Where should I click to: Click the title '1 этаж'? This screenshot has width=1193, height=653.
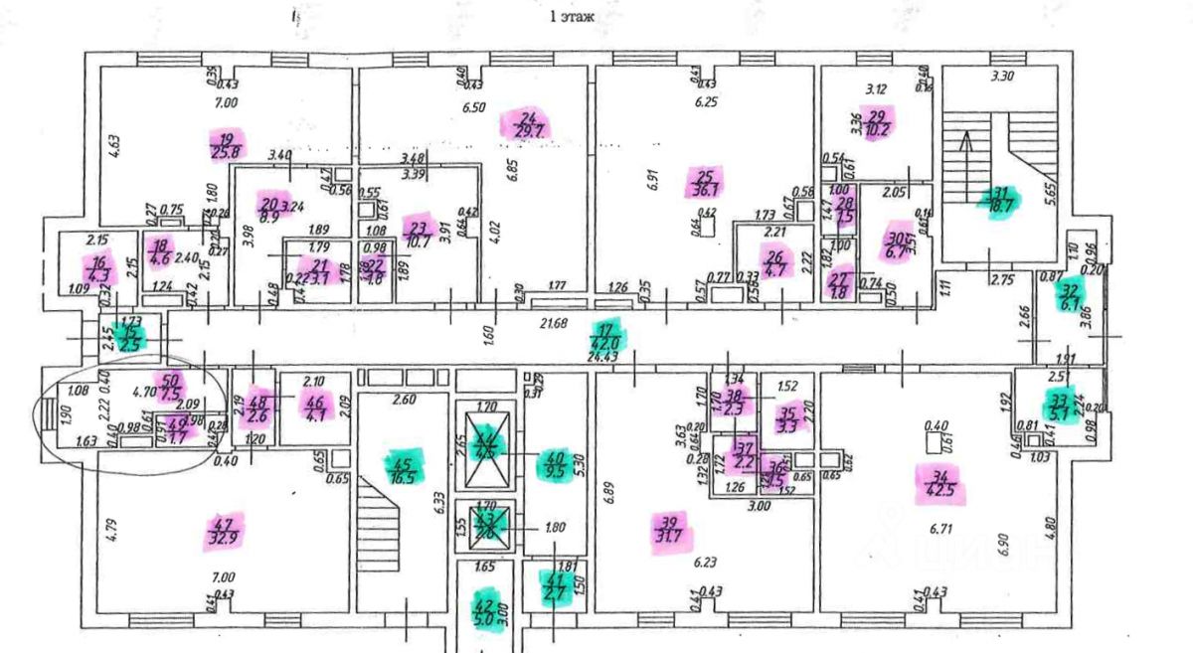click(x=573, y=17)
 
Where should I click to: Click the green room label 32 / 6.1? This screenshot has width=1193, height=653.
click(x=1070, y=294)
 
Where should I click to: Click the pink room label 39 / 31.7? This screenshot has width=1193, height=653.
click(x=668, y=530)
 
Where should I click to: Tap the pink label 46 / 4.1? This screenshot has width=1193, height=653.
click(x=315, y=409)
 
